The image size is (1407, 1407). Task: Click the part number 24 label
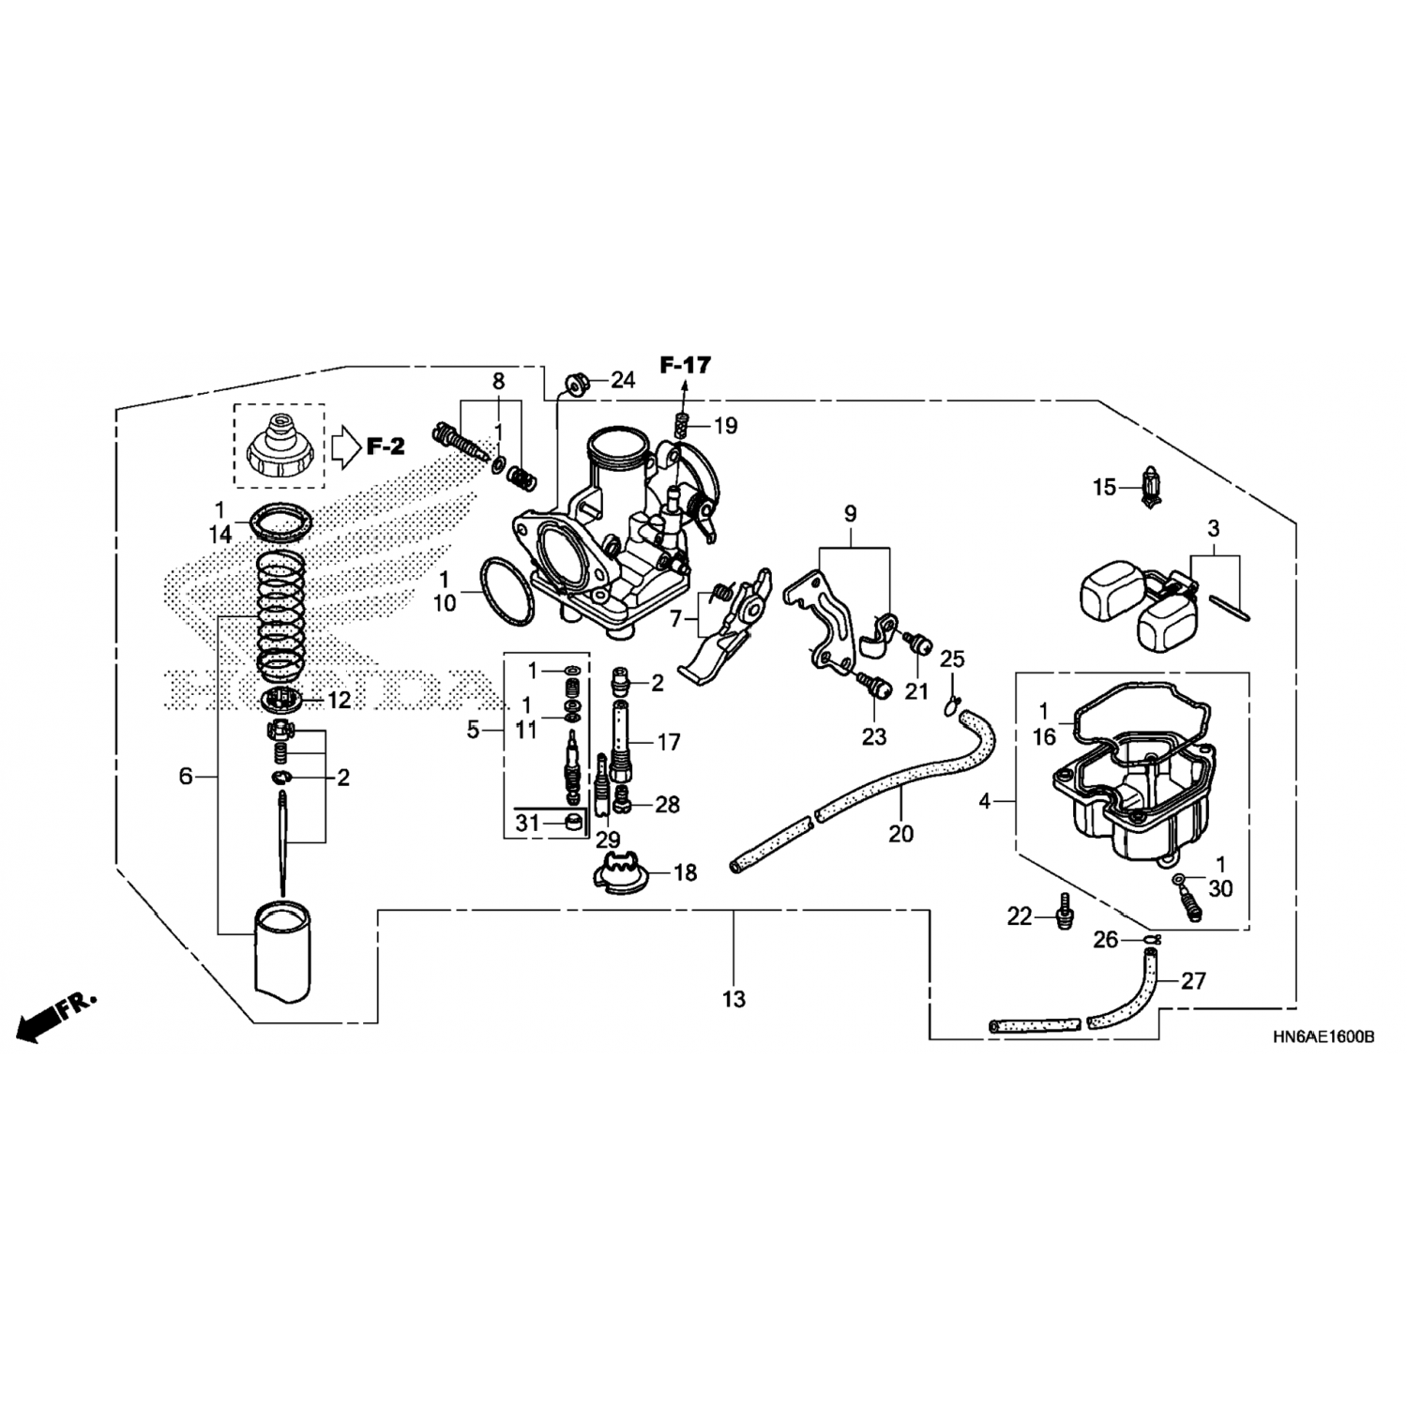click(623, 380)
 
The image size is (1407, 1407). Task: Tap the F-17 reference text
click(685, 365)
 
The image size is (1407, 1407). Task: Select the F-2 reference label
click(385, 446)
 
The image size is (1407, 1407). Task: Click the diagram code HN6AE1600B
click(1324, 1038)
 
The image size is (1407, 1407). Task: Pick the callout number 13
click(734, 999)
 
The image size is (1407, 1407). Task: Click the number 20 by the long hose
click(900, 833)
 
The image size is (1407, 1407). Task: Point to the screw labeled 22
click(1063, 910)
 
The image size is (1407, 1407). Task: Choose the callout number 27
click(1192, 981)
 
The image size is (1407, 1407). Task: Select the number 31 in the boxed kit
click(528, 823)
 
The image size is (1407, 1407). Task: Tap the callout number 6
click(186, 776)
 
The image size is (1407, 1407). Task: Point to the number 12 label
click(339, 700)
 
